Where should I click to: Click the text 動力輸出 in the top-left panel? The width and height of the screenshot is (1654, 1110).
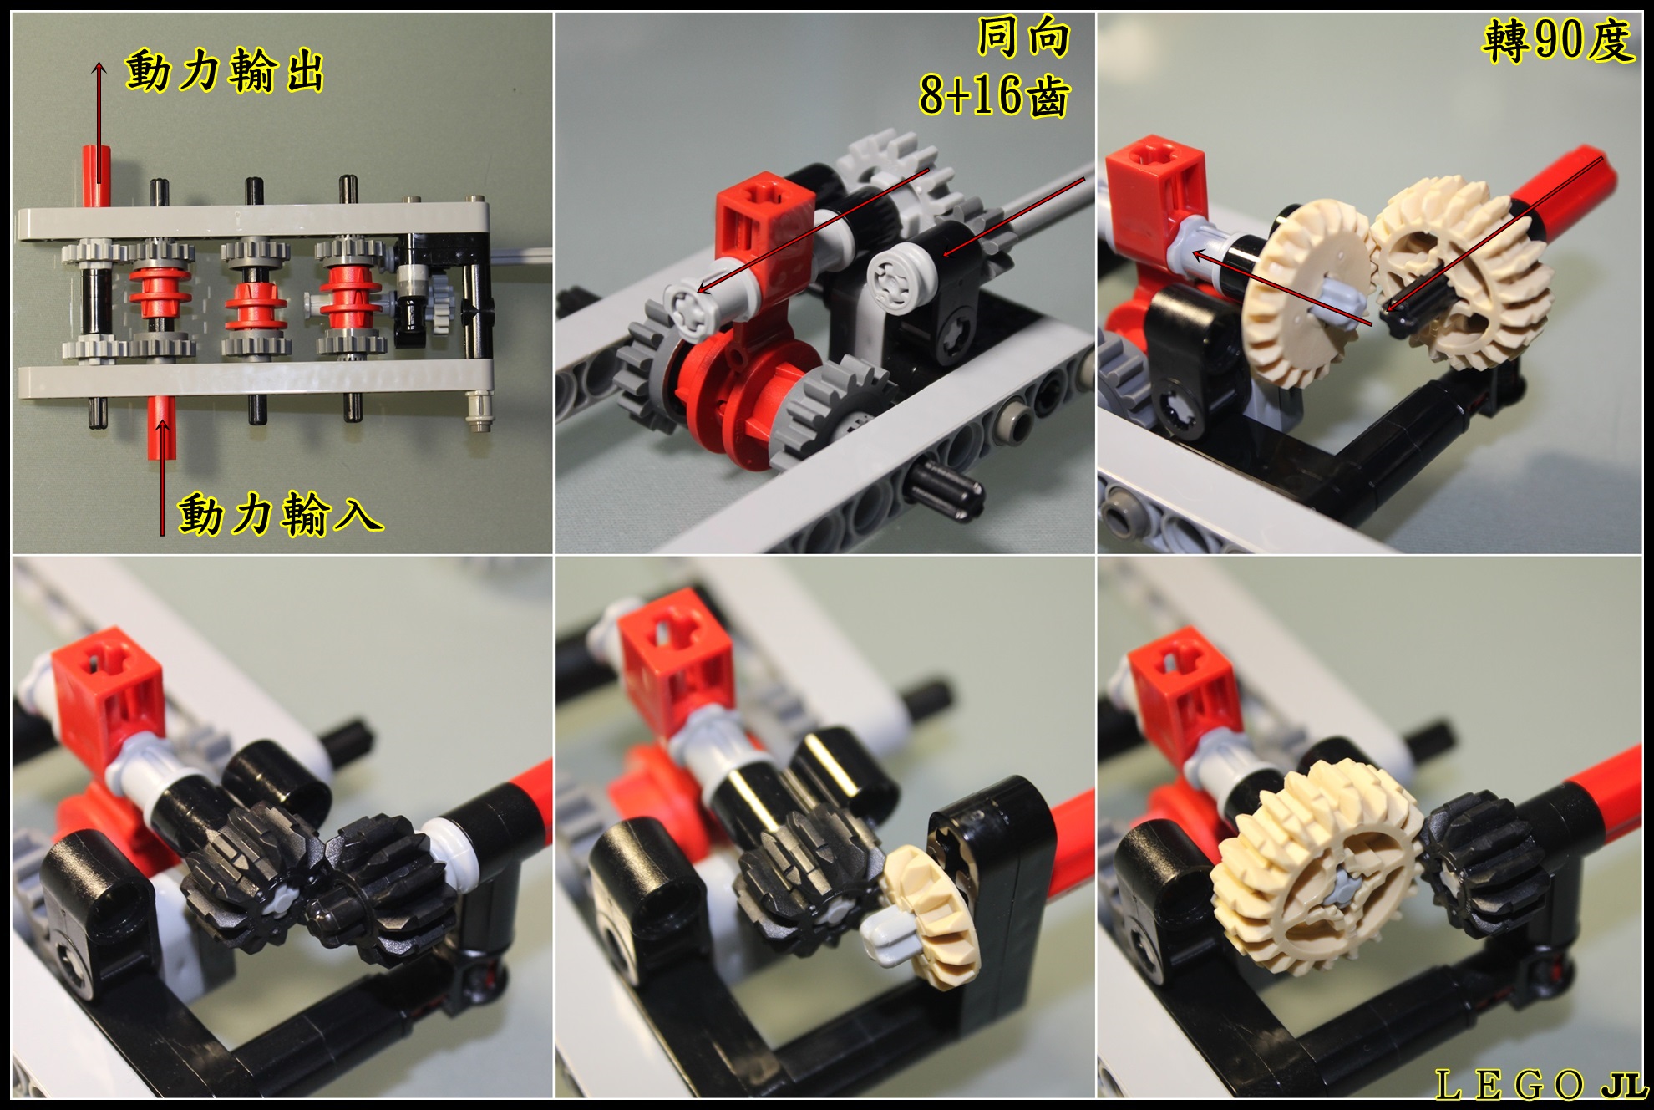click(x=224, y=71)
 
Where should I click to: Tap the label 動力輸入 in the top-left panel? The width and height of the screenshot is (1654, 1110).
click(x=281, y=512)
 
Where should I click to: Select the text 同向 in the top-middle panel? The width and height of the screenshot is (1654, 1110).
click(x=1023, y=38)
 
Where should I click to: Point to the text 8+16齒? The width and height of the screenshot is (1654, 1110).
click(x=994, y=94)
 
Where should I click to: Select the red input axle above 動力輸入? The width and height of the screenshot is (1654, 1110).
click(x=161, y=428)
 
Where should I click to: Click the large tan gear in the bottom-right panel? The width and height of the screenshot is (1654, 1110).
click(x=1317, y=868)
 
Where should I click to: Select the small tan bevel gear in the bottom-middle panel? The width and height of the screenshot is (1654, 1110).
click(x=931, y=911)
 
